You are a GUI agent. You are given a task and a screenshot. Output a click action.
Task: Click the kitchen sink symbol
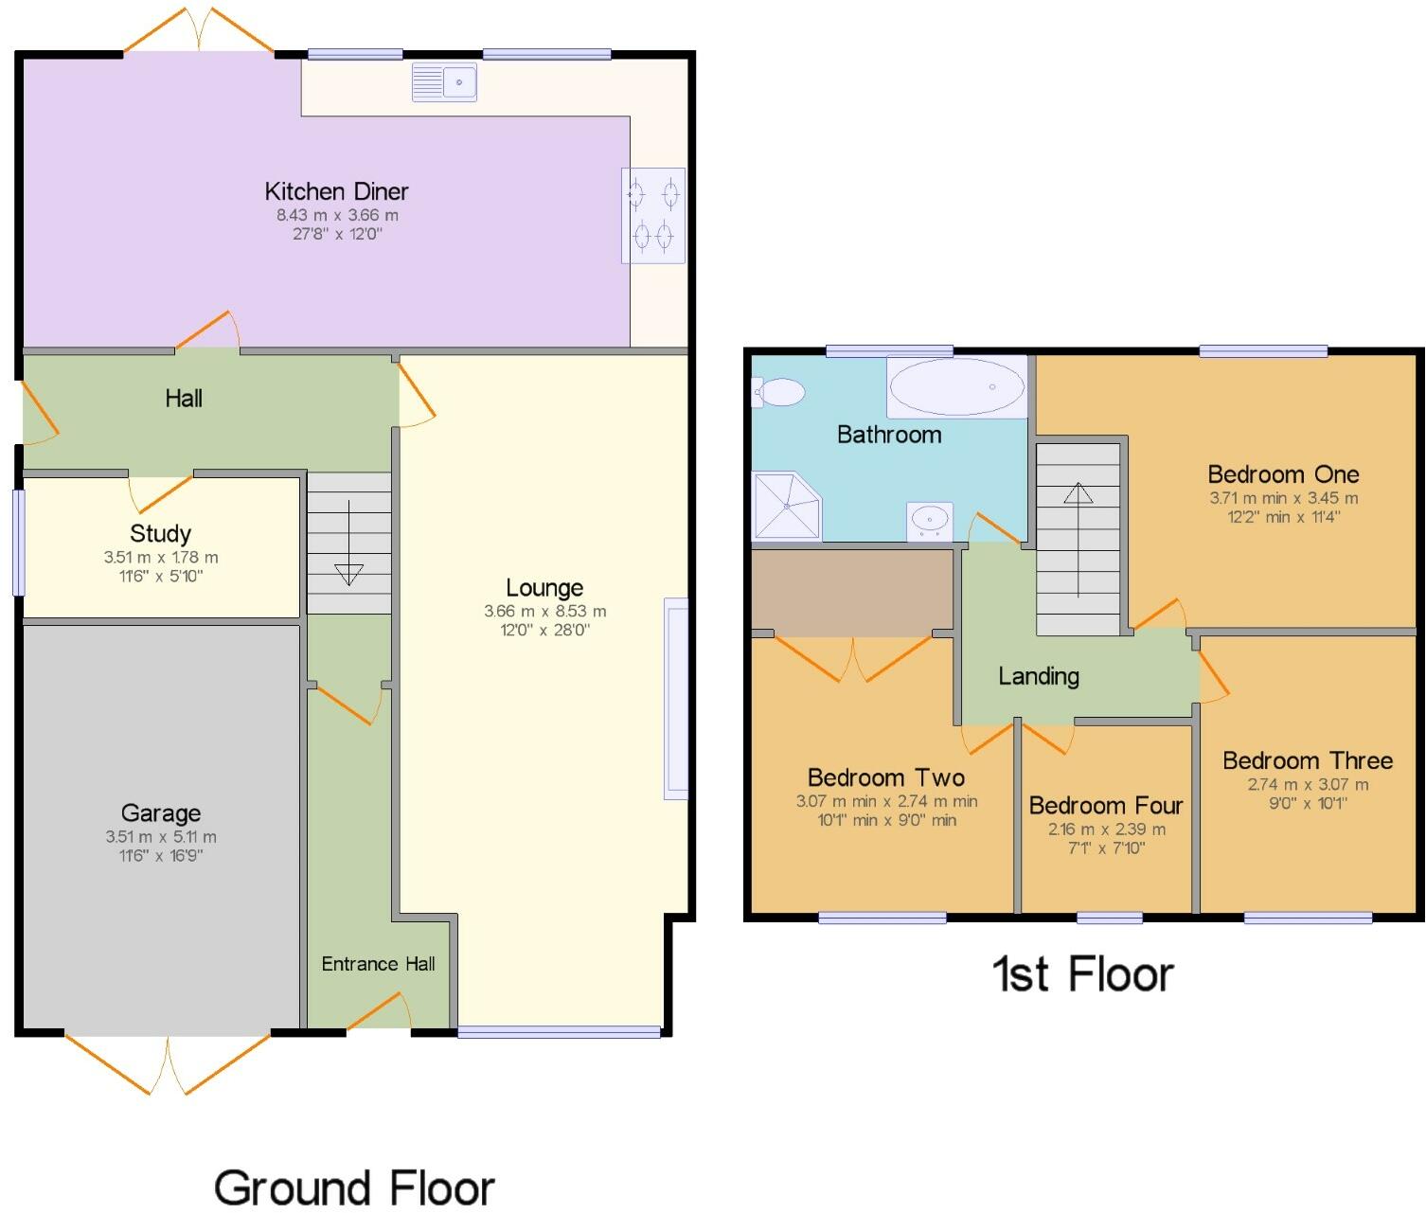(x=444, y=82)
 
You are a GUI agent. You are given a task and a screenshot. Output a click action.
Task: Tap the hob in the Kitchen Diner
(x=653, y=215)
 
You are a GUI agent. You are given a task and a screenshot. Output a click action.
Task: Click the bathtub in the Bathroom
(x=957, y=386)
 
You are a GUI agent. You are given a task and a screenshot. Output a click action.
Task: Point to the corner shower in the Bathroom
(x=786, y=507)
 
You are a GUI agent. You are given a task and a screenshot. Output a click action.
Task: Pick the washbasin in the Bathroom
(x=929, y=520)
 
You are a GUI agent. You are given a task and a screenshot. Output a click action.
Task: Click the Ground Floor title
(x=354, y=1187)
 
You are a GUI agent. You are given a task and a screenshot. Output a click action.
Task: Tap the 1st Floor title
(x=1082, y=973)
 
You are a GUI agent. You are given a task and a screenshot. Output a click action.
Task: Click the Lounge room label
(x=544, y=588)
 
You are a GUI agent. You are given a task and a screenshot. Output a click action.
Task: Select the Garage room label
(x=161, y=812)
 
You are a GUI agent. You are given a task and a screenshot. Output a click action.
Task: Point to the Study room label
(x=161, y=533)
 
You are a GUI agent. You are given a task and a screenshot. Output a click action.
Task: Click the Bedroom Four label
(x=1106, y=805)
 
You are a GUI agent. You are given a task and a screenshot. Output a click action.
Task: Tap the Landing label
(x=1039, y=676)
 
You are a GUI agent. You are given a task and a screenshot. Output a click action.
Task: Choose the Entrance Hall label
(x=378, y=964)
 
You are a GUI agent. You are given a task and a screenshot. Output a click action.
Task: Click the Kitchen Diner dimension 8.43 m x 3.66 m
(x=337, y=215)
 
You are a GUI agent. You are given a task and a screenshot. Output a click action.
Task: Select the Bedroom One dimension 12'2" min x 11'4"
(x=1283, y=517)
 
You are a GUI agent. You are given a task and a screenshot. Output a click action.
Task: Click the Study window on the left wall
(x=18, y=542)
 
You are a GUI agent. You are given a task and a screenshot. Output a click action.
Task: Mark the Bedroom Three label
(x=1308, y=760)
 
